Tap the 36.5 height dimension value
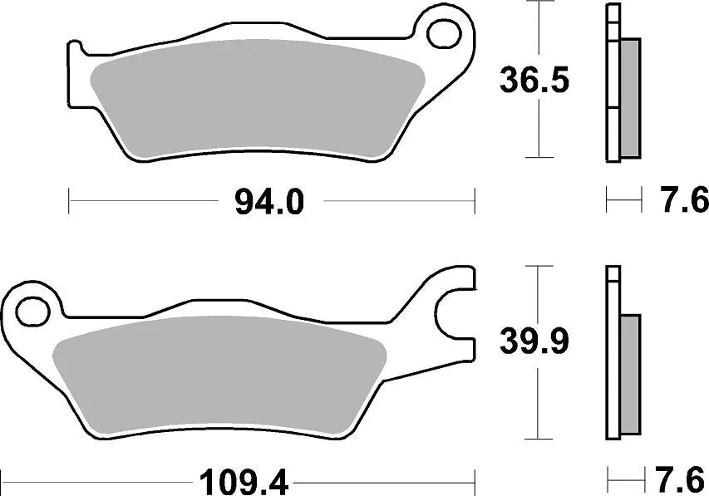[x=534, y=81]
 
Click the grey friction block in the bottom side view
[x=631, y=374]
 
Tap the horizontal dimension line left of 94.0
[x=141, y=200]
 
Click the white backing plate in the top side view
[x=613, y=83]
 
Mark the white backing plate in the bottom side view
[x=613, y=357]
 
